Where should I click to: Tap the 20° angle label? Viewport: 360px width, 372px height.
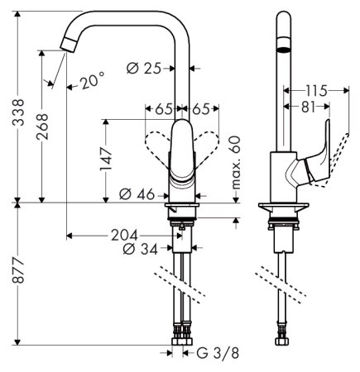point(92,82)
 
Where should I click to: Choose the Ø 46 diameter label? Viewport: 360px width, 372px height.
point(138,194)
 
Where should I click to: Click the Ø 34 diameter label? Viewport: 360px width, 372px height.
point(140,248)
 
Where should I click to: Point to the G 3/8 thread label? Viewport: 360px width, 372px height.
point(216,355)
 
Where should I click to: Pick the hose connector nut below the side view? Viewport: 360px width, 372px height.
point(283,338)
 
